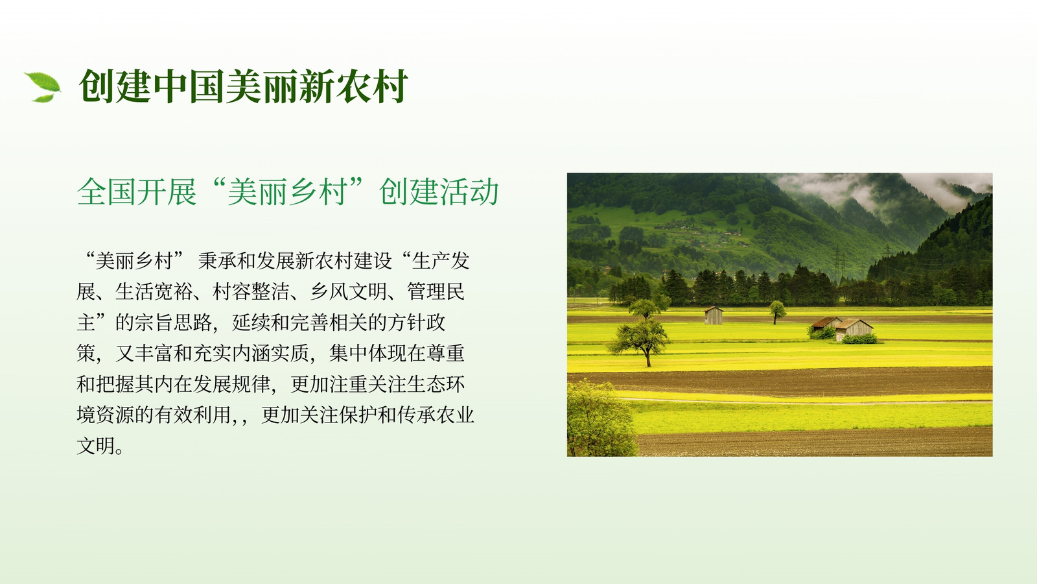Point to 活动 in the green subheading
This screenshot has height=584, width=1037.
coord(469,191)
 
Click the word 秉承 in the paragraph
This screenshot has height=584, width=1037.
coord(217,261)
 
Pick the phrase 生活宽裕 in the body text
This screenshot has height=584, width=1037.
coord(154,291)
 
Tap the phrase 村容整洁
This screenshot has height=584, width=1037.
coord(251,291)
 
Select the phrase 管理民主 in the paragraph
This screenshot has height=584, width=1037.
coord(270,307)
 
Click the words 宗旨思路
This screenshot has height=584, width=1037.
coord(173,322)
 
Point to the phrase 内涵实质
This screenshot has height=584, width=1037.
coord(270,353)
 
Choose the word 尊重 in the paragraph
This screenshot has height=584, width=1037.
coord(445,353)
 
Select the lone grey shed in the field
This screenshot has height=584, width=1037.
coord(714,315)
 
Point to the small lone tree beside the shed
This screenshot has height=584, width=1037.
coord(777,311)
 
